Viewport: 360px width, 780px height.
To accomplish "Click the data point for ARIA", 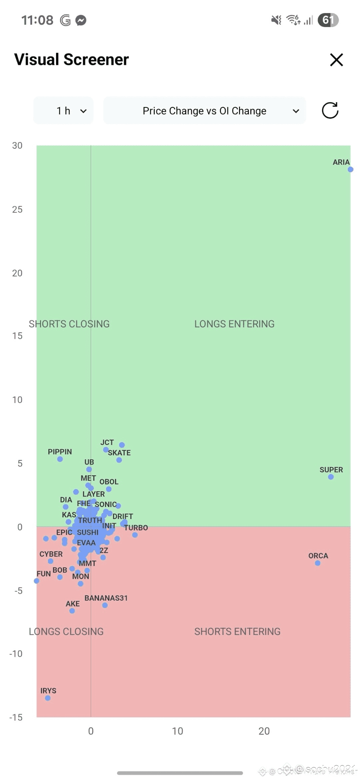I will [x=350, y=170].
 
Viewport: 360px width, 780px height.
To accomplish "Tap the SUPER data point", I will [x=331, y=477].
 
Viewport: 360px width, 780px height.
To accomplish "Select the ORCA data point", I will [x=318, y=563].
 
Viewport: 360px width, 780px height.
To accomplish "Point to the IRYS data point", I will [x=48, y=698].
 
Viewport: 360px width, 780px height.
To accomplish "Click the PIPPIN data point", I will [x=60, y=459].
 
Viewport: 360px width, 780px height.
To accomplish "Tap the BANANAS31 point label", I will [x=106, y=598].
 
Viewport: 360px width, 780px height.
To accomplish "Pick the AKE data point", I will [x=72, y=611].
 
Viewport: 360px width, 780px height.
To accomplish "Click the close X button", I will [x=337, y=60].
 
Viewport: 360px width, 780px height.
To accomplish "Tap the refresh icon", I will [x=330, y=110].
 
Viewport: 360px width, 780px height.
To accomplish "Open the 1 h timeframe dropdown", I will [x=63, y=111].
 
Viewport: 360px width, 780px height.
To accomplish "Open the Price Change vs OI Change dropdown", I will [x=204, y=111].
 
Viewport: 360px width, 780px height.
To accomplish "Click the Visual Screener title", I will [x=71, y=60].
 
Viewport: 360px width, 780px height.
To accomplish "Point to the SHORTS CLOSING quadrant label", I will [x=69, y=324].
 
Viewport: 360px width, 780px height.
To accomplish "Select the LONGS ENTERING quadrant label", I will [x=234, y=324].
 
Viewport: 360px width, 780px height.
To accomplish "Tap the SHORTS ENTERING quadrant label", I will [x=237, y=632].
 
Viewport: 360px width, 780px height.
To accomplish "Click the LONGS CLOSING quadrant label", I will [x=66, y=632].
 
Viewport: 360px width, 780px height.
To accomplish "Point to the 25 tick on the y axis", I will [x=17, y=210].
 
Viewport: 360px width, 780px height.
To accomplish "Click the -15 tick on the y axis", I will [x=16, y=717].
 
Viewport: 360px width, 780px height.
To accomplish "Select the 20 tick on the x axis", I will [x=264, y=731].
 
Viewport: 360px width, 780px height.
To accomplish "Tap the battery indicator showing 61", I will [x=328, y=20].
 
